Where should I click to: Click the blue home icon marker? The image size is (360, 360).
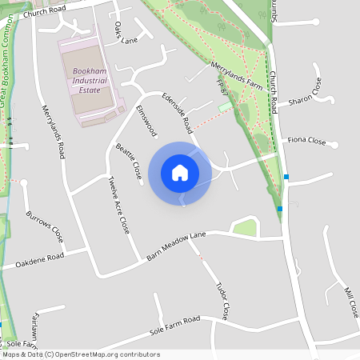(x=179, y=173)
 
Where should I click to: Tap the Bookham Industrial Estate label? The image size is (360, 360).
(x=91, y=81)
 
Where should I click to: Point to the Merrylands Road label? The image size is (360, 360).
(x=53, y=132)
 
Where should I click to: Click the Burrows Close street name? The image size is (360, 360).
(x=45, y=228)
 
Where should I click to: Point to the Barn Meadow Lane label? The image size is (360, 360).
(x=176, y=246)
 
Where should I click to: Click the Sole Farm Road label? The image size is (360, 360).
(x=174, y=326)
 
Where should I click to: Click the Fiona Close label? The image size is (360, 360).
(x=306, y=141)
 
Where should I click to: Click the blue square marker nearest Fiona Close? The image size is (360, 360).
(x=286, y=176)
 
